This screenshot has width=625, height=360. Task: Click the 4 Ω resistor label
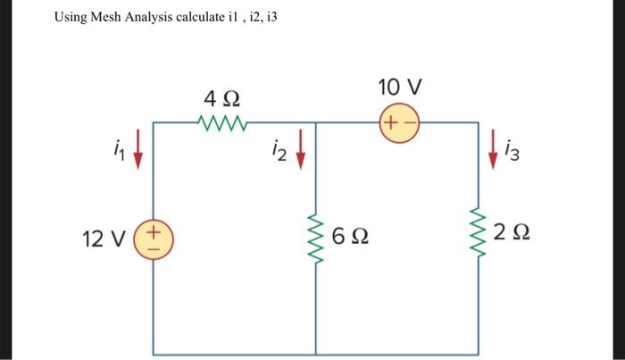(x=221, y=97)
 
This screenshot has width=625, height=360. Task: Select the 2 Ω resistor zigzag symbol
(x=479, y=237)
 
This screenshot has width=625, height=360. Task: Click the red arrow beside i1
(x=137, y=155)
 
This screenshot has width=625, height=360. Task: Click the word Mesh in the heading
(x=108, y=18)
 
